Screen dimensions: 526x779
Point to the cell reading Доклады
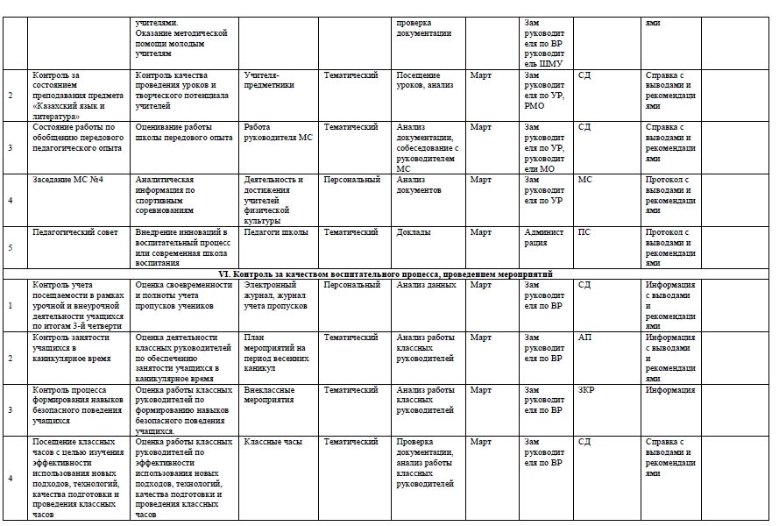414,232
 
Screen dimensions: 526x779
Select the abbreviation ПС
584,232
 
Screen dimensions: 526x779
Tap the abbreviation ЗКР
586,389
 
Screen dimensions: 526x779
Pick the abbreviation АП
584,338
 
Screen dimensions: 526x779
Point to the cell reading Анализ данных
426,285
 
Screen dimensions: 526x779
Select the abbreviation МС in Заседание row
585,181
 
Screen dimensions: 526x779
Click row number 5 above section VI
11,248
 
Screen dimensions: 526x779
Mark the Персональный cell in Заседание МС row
351,181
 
